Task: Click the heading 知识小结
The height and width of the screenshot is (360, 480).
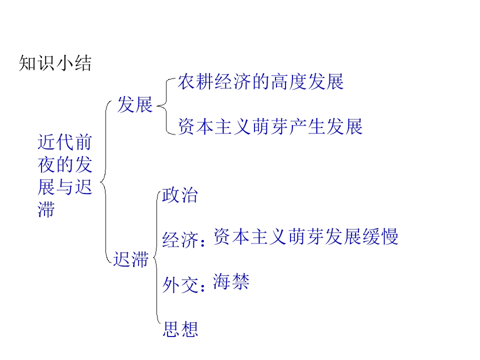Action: (x=55, y=64)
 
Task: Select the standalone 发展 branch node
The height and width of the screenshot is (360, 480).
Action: (x=134, y=105)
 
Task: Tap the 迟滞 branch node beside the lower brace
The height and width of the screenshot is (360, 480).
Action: (x=130, y=259)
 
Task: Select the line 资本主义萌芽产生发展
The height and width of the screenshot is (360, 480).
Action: (x=270, y=126)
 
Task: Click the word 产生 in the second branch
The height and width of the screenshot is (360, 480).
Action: (x=307, y=126)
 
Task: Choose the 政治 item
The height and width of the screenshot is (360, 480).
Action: (x=180, y=195)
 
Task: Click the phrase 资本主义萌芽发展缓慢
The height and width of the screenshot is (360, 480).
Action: (x=305, y=236)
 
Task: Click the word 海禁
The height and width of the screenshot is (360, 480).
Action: (x=230, y=281)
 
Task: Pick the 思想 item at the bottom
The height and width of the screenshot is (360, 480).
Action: (x=180, y=329)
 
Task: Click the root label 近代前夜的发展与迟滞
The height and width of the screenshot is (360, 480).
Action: (x=64, y=176)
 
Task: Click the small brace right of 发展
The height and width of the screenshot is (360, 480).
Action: (x=163, y=105)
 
